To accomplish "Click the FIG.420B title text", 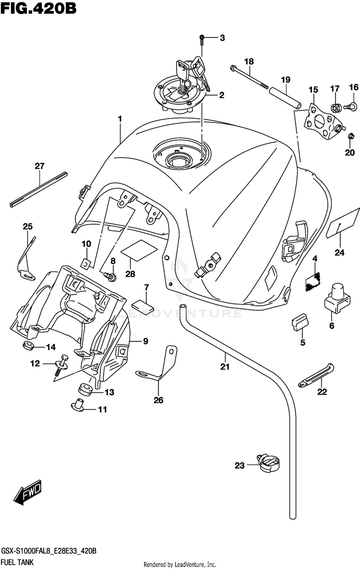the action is point(38,8).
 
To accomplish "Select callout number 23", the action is point(240,465).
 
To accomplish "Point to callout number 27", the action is point(39,166).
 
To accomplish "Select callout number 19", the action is point(286,80).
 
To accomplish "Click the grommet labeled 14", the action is point(28,346).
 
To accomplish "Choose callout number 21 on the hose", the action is point(225,367).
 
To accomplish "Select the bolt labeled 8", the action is point(110,277).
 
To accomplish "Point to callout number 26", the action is point(158,400).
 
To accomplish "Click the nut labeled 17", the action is point(336,108).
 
